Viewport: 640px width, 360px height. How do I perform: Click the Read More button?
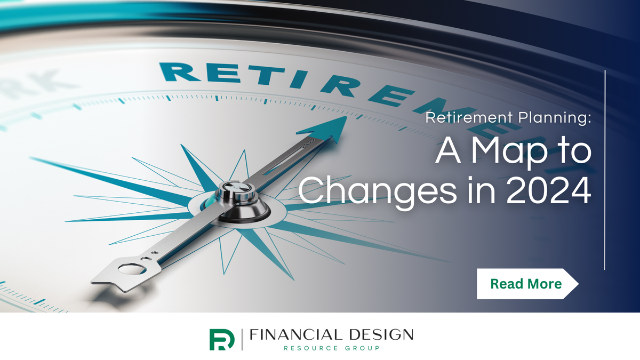(x=526, y=284)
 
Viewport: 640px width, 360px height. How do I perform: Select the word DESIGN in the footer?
(x=379, y=335)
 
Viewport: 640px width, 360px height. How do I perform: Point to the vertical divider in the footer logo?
(x=243, y=339)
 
